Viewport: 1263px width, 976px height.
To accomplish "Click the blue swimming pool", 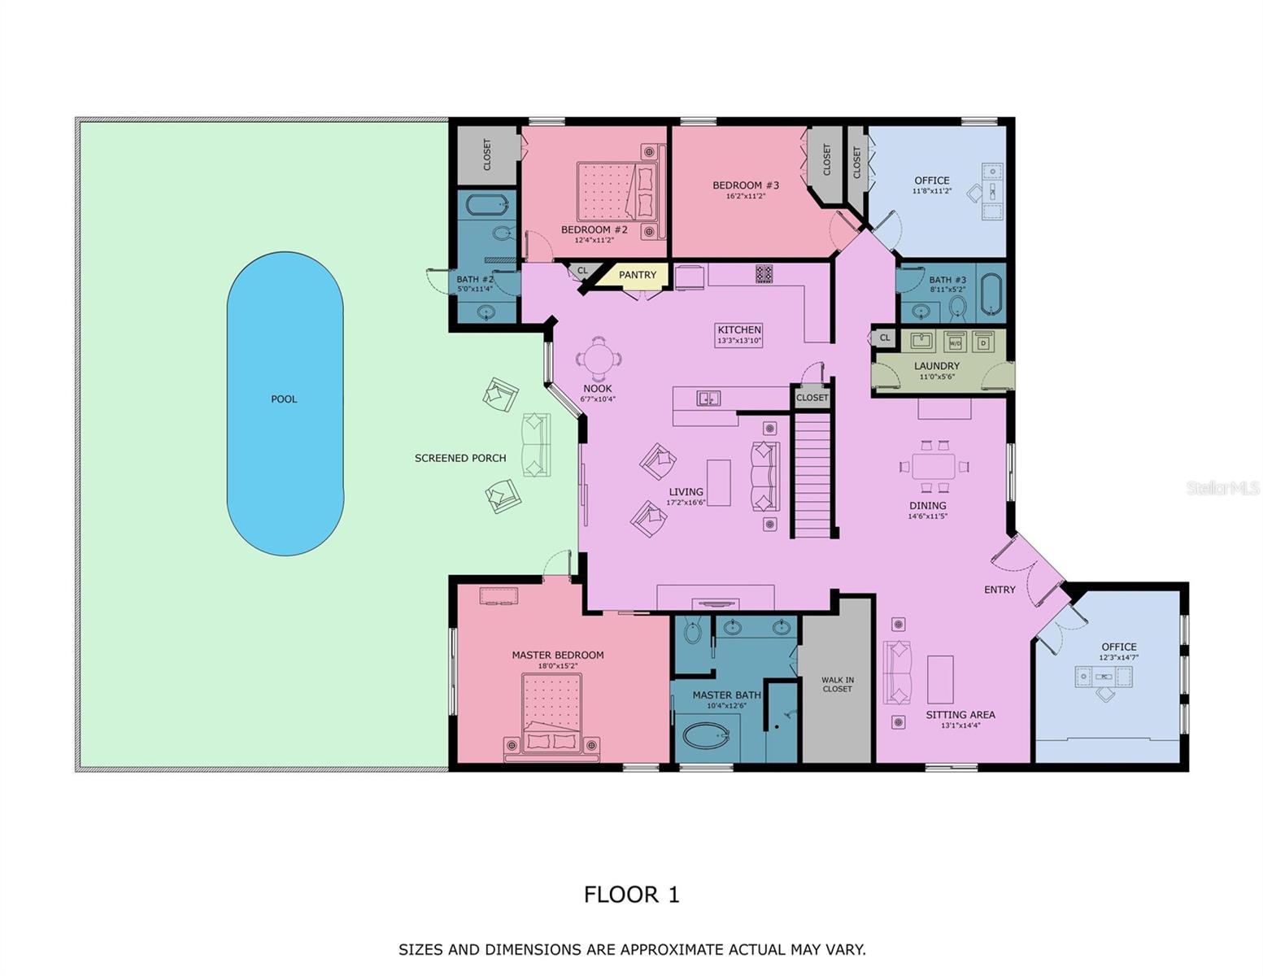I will pos(285,403).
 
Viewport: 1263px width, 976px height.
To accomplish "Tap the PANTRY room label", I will pos(637,275).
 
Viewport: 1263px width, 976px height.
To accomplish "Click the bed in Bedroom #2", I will pos(617,192).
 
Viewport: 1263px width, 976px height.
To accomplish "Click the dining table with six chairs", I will pos(933,467).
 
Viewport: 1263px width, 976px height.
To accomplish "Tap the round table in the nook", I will pos(598,359).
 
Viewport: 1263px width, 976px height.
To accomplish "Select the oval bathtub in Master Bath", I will pos(706,736).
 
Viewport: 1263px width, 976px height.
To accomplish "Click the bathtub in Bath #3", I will pos(991,294).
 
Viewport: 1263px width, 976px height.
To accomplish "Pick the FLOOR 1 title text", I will pos(631,895).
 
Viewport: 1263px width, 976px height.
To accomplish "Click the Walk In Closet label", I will pos(837,685).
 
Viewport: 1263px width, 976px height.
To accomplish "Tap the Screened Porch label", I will pos(460,458).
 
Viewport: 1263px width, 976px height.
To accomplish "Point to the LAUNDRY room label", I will pos(936,366).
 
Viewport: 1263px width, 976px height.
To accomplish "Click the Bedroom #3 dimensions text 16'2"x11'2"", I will pos(746,196).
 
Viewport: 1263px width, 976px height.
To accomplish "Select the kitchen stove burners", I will pos(764,274).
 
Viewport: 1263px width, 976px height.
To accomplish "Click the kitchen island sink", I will pos(708,398).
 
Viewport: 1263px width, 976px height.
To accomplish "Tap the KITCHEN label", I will pos(739,329).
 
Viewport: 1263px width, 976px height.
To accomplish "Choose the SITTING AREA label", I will pos(960,715).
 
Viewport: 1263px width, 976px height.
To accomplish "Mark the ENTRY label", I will pos(1000,590).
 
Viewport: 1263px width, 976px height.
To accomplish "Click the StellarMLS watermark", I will pos(1222,488).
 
